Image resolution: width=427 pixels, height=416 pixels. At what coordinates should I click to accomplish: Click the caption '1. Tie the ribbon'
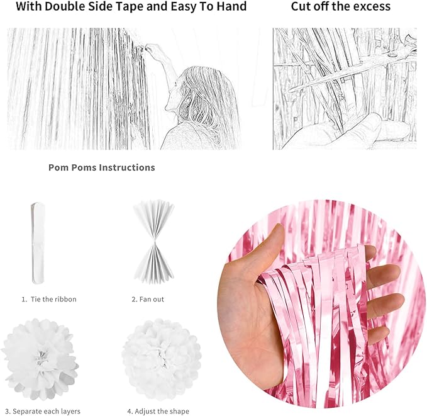49,299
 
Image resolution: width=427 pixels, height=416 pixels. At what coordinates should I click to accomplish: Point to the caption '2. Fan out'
148,299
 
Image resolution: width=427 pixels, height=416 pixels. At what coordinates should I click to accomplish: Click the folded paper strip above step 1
38,242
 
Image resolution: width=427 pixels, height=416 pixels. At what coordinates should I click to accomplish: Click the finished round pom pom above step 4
161,359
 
